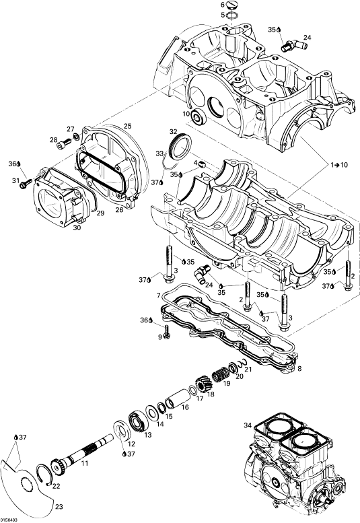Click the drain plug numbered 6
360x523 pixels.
pyautogui.click(x=231, y=5)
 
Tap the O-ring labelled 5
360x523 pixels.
pyautogui.click(x=231, y=15)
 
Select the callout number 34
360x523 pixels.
pyautogui.click(x=248, y=425)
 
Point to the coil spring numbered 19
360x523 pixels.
pyautogui.click(x=219, y=374)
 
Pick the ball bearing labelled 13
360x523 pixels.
pyautogui.click(x=137, y=422)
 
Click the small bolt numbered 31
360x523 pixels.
pyautogui.click(x=26, y=184)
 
